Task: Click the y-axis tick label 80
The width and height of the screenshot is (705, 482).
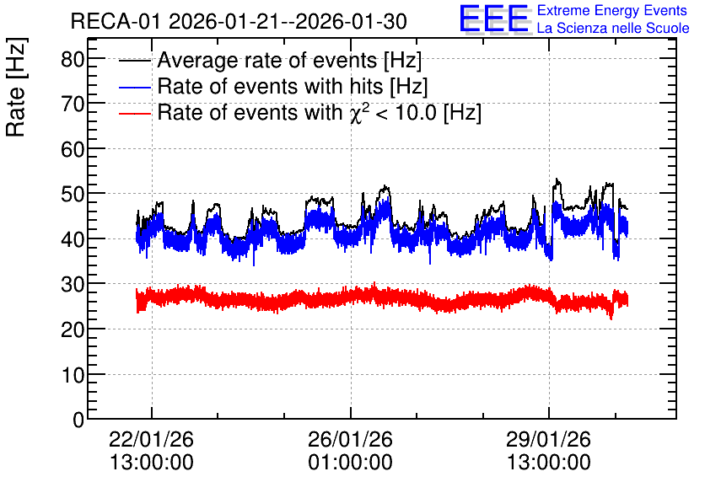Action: point(73,59)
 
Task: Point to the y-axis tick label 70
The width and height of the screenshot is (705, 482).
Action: point(73,104)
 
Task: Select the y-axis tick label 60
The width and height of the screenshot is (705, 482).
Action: point(73,150)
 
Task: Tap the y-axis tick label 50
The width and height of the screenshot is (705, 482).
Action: point(73,195)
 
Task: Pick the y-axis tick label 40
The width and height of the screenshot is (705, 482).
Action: point(73,240)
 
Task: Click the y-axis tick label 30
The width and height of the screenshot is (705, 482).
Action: point(73,285)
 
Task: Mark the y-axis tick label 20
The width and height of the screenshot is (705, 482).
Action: point(73,330)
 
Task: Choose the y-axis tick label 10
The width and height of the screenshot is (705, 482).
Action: point(73,375)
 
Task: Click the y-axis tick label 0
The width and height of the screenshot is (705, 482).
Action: point(78,420)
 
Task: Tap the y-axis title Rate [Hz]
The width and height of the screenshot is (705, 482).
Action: point(16,88)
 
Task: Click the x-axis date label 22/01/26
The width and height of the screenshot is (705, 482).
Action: point(152,439)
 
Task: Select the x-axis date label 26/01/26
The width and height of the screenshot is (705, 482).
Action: point(350,439)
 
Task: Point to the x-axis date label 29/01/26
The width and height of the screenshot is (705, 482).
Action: point(548,439)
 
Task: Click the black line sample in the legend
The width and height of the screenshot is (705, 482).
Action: point(135,61)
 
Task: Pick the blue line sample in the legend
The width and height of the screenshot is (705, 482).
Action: point(135,87)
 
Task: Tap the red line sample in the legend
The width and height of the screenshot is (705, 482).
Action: point(135,113)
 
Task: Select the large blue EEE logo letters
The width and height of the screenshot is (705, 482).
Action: point(494,19)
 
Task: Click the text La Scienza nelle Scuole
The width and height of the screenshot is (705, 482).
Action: point(613,29)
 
